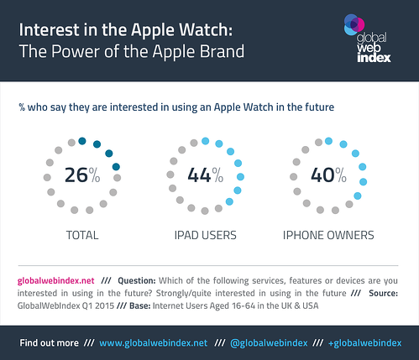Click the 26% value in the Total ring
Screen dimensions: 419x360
[82, 175]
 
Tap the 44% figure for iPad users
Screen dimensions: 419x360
[206, 175]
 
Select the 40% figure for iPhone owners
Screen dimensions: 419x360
[328, 175]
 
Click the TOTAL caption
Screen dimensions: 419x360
[82, 235]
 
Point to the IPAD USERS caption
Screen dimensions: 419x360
[206, 235]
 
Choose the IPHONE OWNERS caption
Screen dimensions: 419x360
[328, 235]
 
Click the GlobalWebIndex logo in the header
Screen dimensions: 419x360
[367, 38]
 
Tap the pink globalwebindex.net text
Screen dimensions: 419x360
[55, 280]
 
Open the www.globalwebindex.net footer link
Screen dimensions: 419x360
[154, 343]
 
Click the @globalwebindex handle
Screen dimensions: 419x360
[269, 343]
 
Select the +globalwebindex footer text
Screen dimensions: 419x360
[364, 343]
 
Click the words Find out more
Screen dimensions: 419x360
[49, 343]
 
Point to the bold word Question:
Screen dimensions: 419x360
[137, 280]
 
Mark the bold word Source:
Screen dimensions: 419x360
[383, 293]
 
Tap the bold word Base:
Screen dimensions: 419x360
[140, 305]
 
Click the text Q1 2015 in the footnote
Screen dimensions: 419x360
[98, 305]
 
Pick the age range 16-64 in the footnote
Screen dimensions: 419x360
[244, 305]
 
